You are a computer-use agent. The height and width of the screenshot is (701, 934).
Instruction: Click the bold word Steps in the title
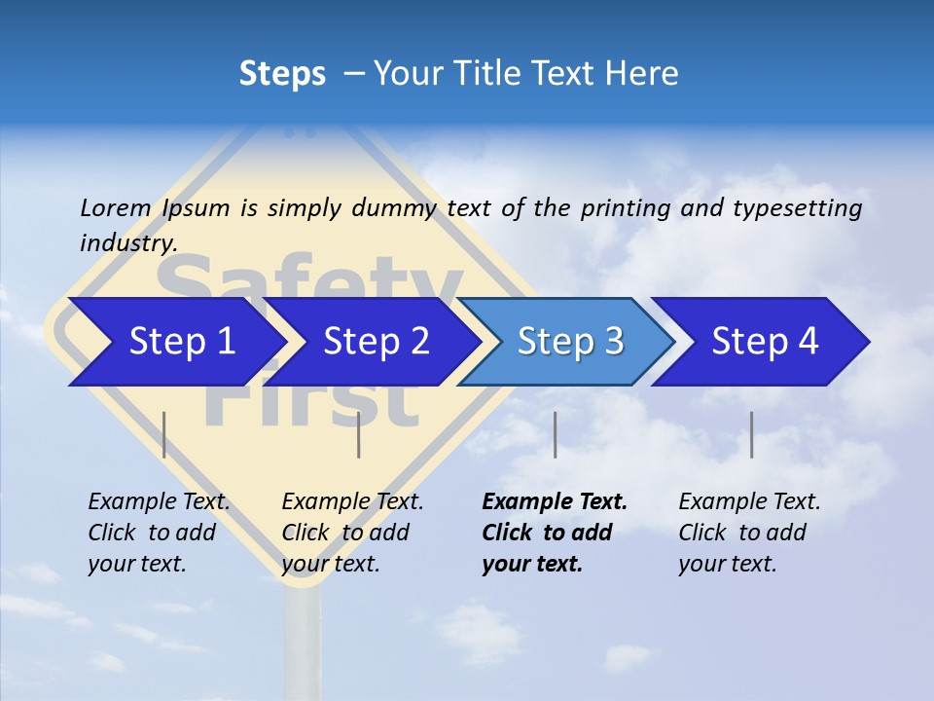[282, 74]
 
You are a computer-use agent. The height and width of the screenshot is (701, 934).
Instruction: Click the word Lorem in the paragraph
[115, 207]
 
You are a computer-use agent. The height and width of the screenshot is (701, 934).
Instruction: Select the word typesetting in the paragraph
[797, 208]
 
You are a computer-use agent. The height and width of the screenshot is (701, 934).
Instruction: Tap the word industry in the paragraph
[126, 242]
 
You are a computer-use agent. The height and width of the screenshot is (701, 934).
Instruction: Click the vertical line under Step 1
[164, 434]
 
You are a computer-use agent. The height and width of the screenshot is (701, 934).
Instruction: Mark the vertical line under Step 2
[359, 434]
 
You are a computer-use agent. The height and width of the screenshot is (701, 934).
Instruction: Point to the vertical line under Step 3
[555, 434]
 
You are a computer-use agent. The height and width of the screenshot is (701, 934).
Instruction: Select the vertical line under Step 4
[751, 434]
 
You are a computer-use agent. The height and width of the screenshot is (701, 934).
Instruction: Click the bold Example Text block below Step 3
[555, 533]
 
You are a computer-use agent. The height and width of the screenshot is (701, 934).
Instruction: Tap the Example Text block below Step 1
[159, 533]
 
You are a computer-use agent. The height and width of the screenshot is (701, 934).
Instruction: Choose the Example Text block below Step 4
[749, 533]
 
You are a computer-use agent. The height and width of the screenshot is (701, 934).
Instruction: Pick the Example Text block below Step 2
[352, 533]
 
